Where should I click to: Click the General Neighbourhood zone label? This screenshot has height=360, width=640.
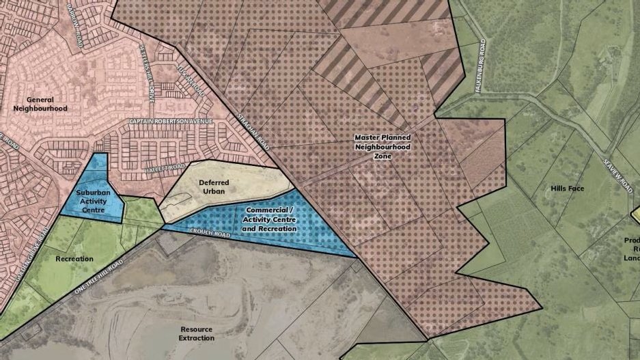(x=40, y=104)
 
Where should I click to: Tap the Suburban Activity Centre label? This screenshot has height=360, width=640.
(x=94, y=201)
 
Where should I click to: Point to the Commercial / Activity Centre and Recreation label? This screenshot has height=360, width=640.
(x=269, y=219)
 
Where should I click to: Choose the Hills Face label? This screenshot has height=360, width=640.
(x=567, y=188)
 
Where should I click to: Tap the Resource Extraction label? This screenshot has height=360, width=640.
(x=197, y=333)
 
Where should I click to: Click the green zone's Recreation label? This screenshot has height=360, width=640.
(x=74, y=259)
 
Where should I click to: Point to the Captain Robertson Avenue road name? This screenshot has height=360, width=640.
(x=171, y=122)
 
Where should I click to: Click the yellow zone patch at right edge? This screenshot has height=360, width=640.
(x=635, y=215)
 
